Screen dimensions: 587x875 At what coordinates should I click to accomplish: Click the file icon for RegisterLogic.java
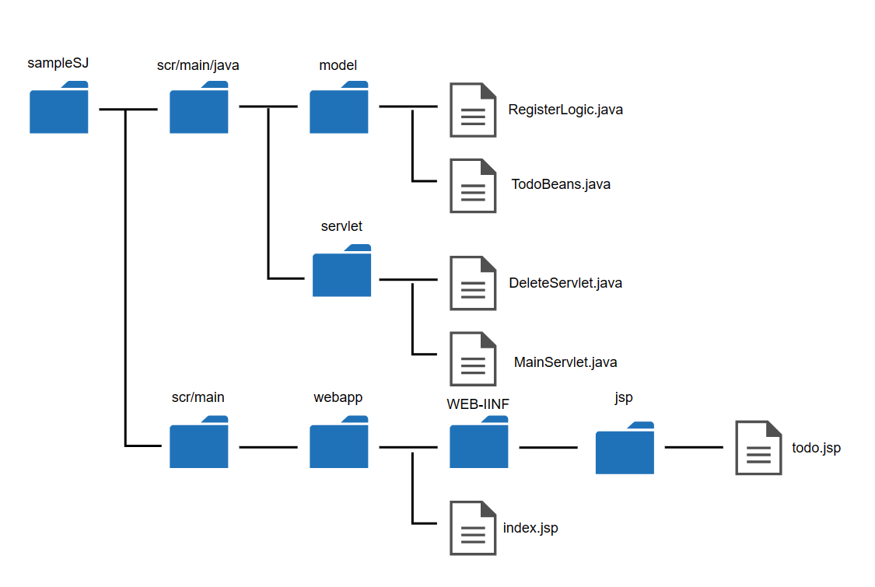click(x=473, y=110)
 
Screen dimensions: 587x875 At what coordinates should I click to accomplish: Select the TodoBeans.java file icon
click(x=473, y=186)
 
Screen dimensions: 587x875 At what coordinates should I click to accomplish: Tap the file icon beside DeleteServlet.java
click(x=473, y=283)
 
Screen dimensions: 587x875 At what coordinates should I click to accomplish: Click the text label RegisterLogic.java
click(x=565, y=110)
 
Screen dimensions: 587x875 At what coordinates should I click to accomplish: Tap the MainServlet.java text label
click(x=565, y=362)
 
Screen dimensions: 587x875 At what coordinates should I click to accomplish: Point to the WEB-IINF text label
click(x=478, y=404)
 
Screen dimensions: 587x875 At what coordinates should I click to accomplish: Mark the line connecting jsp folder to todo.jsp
click(x=694, y=447)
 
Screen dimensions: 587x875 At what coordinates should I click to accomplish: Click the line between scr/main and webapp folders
click(x=268, y=447)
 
